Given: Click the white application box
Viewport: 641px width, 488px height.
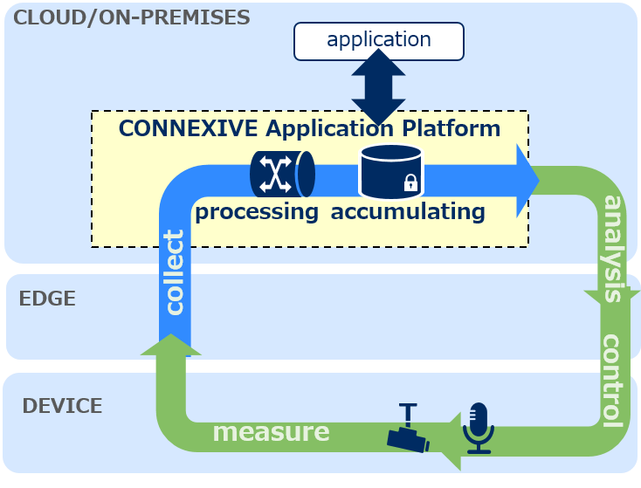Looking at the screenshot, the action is (378, 41).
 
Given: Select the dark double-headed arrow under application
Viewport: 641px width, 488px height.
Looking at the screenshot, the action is (378, 87).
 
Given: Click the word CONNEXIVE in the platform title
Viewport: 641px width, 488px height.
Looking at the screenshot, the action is (188, 128).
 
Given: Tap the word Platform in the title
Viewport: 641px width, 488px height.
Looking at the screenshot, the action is (451, 128).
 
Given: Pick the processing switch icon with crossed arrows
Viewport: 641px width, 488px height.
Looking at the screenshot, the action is (282, 174).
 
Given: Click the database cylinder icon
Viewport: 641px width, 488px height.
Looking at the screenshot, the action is (391, 172).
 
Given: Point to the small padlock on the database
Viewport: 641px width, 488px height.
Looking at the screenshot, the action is (410, 182).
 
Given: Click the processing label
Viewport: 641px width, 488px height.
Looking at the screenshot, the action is (257, 212).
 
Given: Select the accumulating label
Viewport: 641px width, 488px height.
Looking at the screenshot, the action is (408, 212).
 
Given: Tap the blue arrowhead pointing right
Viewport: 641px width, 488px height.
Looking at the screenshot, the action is (527, 181).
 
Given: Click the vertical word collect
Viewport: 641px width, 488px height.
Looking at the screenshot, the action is (174, 272).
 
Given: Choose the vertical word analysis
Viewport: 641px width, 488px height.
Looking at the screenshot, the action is (613, 249).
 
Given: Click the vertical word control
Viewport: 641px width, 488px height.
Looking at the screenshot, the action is (613, 381).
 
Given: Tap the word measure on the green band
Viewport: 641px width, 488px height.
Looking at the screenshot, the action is (271, 431).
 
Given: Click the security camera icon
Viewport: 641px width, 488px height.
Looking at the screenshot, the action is (408, 428).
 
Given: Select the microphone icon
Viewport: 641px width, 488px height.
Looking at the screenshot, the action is (479, 428).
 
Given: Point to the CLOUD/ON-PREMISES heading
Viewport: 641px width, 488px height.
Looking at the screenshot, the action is (132, 17).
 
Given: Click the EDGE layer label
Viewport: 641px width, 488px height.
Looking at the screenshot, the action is (47, 299).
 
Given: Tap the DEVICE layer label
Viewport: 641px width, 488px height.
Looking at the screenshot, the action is (62, 406).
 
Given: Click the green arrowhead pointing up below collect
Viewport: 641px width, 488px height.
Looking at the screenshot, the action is (171, 345).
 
